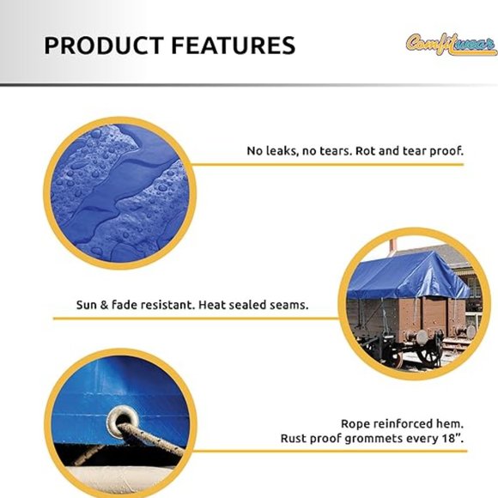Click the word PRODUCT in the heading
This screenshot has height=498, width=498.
(x=94, y=46)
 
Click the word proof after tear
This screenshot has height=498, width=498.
(x=446, y=150)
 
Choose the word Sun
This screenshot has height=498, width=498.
(x=88, y=305)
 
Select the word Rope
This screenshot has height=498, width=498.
(x=356, y=423)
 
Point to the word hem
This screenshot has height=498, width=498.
(x=453, y=423)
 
